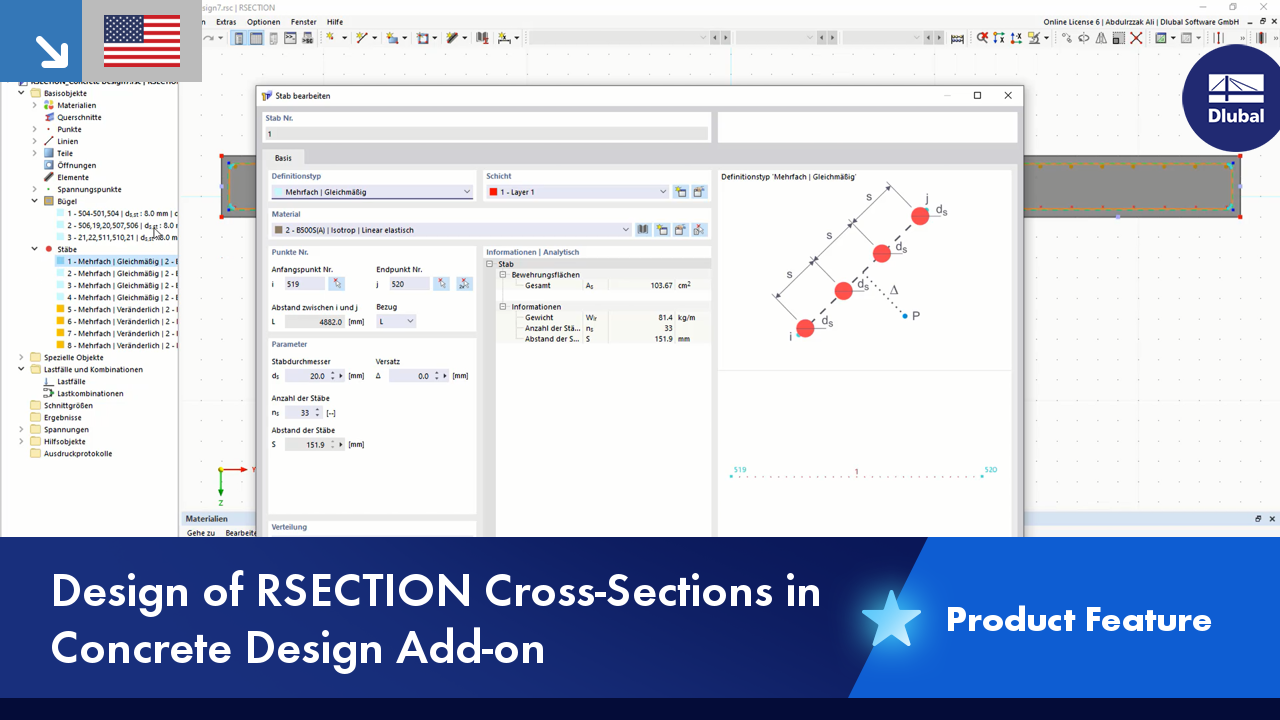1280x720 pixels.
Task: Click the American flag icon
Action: [x=142, y=41]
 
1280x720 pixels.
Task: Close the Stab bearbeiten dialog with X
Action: [x=1007, y=96]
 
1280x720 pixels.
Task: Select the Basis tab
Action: [x=283, y=158]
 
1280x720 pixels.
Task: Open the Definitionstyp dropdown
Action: [x=372, y=192]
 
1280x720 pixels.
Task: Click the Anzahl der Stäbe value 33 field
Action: [x=302, y=412]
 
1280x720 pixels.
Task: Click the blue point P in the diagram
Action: [x=904, y=316]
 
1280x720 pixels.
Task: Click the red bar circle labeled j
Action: [x=919, y=216]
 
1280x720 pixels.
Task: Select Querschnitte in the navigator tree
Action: [x=79, y=117]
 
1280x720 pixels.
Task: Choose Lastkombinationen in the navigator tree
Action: [x=90, y=393]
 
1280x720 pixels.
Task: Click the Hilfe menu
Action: [x=335, y=22]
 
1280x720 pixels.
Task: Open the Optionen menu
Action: [x=264, y=22]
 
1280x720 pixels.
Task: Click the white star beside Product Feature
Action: [x=891, y=619]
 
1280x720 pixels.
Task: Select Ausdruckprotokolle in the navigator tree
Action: [x=78, y=453]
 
